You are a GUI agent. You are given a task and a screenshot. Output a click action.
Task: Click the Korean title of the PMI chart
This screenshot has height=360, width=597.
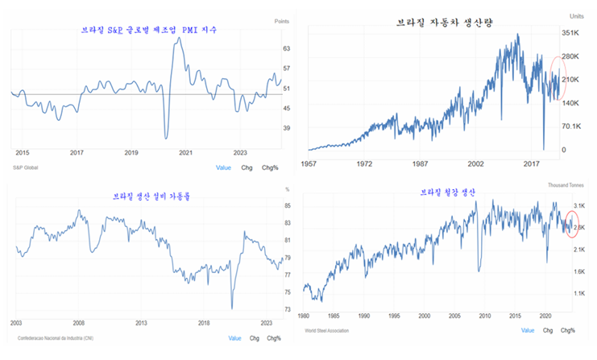click(x=151, y=30)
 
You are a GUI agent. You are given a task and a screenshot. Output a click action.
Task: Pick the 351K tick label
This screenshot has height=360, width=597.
click(x=571, y=33)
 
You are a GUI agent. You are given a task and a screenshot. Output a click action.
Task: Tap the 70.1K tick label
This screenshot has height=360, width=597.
click(x=571, y=126)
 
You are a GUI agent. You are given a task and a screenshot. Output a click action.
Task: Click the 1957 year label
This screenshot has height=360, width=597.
click(x=308, y=163)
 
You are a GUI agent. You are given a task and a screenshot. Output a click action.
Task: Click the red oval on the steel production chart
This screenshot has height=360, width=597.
click(x=574, y=223)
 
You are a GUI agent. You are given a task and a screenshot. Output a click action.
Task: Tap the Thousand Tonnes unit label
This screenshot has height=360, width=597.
click(x=566, y=185)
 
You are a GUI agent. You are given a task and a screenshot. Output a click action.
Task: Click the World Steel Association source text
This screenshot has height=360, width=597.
click(x=332, y=330)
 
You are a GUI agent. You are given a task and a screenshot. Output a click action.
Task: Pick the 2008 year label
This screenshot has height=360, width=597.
click(x=79, y=321)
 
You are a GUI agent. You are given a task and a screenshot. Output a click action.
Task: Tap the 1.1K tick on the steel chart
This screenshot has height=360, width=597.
click(x=579, y=294)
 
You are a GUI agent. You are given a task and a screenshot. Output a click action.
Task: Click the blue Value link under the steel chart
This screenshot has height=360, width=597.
click(x=528, y=330)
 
